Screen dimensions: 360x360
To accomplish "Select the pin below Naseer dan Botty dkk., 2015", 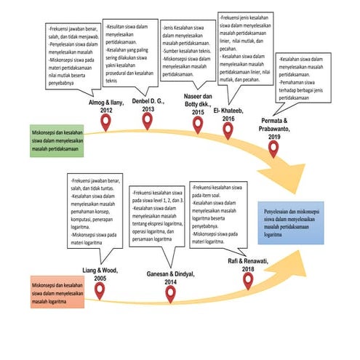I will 198,124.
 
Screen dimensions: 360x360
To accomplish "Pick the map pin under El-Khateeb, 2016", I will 228,129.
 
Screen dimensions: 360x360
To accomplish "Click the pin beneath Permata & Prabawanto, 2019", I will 273,148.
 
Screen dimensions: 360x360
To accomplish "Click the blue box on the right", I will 293,222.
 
